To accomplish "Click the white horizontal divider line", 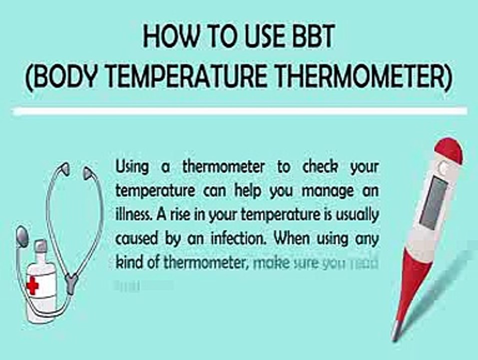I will pos(240,111).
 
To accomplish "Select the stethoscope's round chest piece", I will pos(21,235).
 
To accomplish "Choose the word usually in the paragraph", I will pos(357,215).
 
